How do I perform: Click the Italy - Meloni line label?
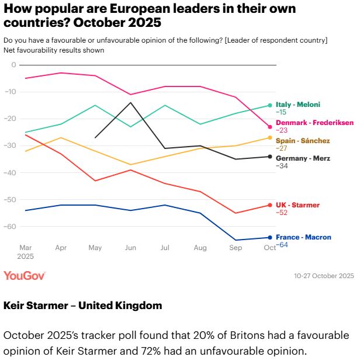pyautogui.click(x=298, y=105)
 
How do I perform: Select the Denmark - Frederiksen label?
pyautogui.click(x=315, y=123)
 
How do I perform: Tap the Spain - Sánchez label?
pyautogui.click(x=303, y=141)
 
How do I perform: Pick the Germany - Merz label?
pyautogui.click(x=303, y=158)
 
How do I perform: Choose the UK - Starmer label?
pyautogui.click(x=297, y=205)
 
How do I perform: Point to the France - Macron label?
pyautogui.click(x=303, y=237)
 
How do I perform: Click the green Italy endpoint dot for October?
pyautogui.click(x=270, y=105)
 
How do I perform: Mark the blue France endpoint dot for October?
pyautogui.click(x=270, y=237)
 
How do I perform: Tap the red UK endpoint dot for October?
pyautogui.click(x=270, y=205)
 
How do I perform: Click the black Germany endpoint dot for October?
pyautogui.click(x=270, y=157)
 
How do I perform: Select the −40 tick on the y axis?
pyautogui.click(x=11, y=172)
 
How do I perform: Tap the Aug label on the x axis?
pyautogui.click(x=200, y=248)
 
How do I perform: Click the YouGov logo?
pyautogui.click(x=24, y=275)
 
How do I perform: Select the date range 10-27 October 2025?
pyautogui.click(x=324, y=276)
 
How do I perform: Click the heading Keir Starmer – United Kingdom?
pyautogui.click(x=82, y=306)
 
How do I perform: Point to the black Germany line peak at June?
pyautogui.click(x=130, y=103)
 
